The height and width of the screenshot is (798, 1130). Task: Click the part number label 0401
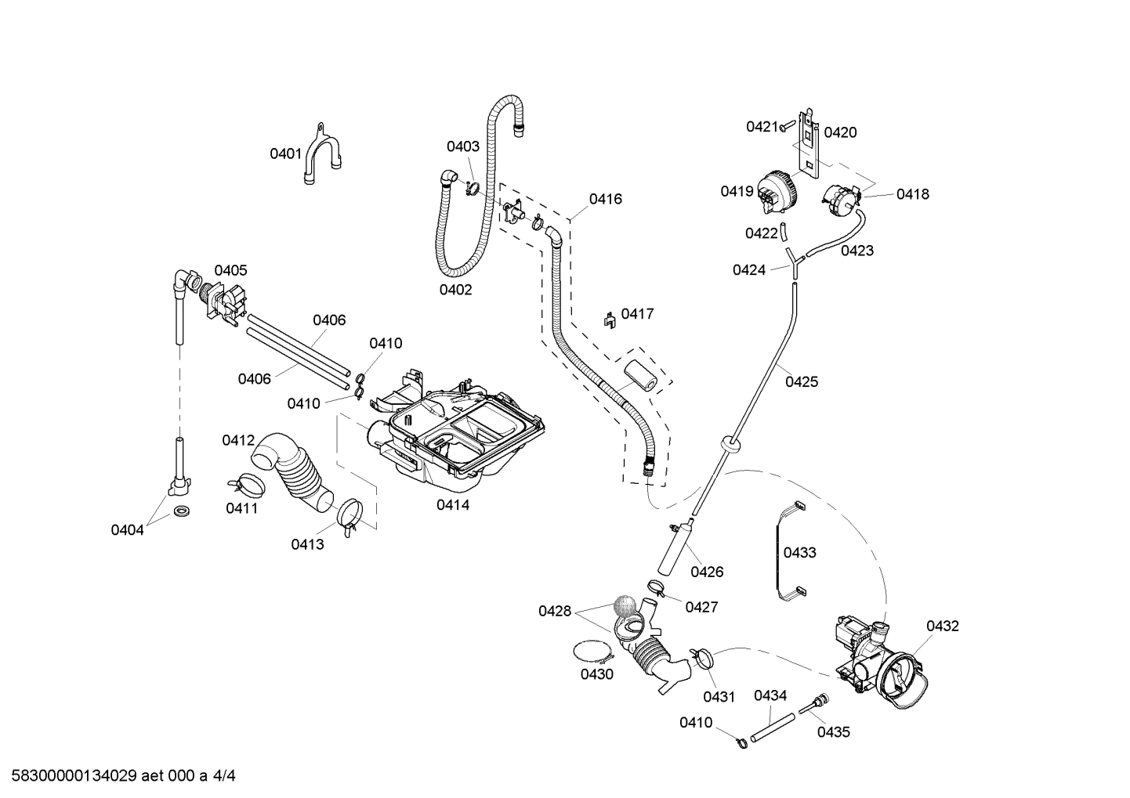coord(285,153)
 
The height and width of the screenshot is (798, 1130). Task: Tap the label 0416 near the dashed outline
coord(606,199)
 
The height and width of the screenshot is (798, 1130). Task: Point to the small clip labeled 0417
coord(608,320)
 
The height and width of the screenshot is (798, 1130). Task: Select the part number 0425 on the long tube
coord(802,381)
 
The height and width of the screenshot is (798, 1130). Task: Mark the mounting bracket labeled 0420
coord(806,144)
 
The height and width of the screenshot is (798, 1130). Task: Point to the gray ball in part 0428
coord(625,605)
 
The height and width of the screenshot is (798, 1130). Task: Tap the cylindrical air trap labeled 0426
coord(673,549)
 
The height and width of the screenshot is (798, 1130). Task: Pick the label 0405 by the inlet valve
coord(230,270)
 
